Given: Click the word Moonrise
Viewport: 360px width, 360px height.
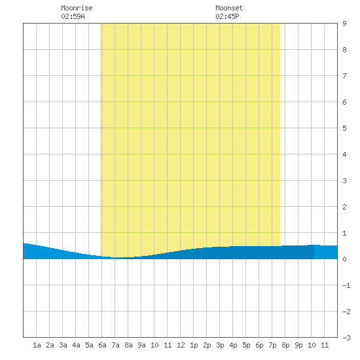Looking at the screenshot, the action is point(77,8).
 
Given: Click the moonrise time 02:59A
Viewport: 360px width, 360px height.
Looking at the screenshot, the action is point(73,16).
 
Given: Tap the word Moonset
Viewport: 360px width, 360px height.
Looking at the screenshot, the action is point(229,8).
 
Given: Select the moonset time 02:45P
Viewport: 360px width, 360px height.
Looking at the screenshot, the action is point(227,16).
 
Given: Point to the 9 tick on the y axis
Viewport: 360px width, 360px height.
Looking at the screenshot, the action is point(344,24).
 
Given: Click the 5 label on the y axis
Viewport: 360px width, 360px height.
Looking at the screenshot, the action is point(344,128).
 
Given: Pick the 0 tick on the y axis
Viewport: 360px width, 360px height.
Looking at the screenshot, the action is point(344,259).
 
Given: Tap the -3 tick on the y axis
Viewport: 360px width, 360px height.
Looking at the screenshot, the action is point(346,338).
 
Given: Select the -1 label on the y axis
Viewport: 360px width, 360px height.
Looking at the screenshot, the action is point(346,285).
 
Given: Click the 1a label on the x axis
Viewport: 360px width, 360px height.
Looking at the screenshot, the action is point(37,345).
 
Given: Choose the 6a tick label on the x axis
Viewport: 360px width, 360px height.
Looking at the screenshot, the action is point(102,345).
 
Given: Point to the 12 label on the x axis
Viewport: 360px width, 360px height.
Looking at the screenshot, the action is point(181,345).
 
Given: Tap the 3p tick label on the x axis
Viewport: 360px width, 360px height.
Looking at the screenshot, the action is point(220,345).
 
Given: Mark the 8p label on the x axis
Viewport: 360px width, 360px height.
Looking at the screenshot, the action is point(285,345).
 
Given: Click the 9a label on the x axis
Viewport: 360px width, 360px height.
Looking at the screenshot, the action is point(141,345).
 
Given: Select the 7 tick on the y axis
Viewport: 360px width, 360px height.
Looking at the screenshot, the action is point(344,76).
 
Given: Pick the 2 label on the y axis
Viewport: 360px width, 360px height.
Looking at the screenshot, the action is point(344,207).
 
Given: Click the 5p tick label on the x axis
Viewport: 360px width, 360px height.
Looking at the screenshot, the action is point(246,345).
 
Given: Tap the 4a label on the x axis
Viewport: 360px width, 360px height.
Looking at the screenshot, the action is point(76,345).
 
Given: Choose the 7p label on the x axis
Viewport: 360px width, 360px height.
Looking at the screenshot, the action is point(272,345).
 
